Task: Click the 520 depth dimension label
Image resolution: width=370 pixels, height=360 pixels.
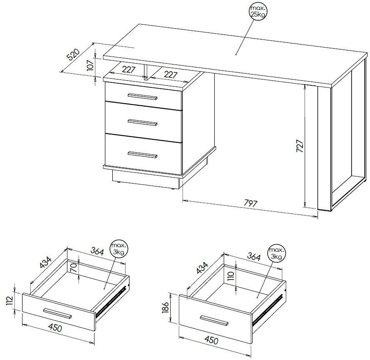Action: (x=74, y=55)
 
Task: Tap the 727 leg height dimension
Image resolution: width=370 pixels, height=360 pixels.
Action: (x=300, y=146)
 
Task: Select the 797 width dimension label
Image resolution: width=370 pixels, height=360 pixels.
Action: (x=250, y=203)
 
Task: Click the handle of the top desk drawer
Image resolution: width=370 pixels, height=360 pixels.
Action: (x=142, y=97)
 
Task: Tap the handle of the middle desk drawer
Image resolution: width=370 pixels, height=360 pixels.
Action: (x=142, y=122)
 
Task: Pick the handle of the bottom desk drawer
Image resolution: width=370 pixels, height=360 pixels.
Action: (x=142, y=154)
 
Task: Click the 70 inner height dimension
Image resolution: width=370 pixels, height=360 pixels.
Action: (x=73, y=268)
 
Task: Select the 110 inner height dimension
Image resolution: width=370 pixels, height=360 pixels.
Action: (x=231, y=276)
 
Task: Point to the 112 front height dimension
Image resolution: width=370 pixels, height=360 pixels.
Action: (x=10, y=301)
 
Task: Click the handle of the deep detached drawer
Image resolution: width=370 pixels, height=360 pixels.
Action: (x=214, y=320)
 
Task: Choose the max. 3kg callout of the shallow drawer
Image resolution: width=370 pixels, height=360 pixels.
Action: (x=119, y=249)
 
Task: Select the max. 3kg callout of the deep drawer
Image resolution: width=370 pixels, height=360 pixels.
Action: (x=277, y=253)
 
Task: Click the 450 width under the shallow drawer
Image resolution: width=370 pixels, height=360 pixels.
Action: (x=55, y=328)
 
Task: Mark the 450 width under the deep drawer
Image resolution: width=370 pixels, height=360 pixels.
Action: (x=211, y=340)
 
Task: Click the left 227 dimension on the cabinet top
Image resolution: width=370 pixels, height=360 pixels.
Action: (x=129, y=70)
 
